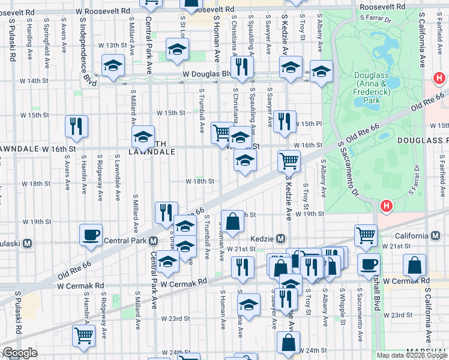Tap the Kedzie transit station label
pyautogui.click(x=264, y=238)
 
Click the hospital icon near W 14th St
pyautogui.click(x=440, y=79)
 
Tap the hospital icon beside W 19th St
pyautogui.click(x=386, y=206)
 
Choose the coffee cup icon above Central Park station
pyautogui.click(x=91, y=235)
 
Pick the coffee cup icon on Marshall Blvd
pyautogui.click(x=369, y=264)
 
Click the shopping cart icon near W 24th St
pyautogui.click(x=83, y=335)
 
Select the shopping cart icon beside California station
pyautogui.click(x=366, y=235)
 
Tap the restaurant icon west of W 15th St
pyautogui.click(x=77, y=126)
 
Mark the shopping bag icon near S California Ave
pyautogui.click(x=415, y=265)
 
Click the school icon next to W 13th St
pyautogui.click(x=177, y=49)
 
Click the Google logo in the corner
pyautogui.click(x=20, y=353)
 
